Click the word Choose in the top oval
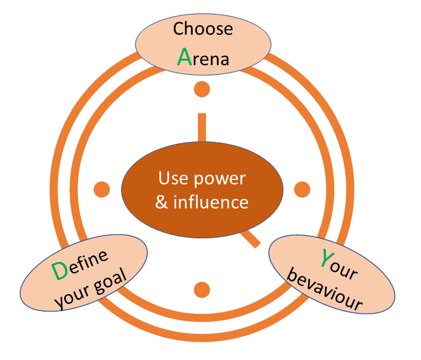click(x=203, y=29)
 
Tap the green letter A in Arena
click(x=184, y=57)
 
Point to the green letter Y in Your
click(x=327, y=258)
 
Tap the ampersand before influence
click(x=162, y=203)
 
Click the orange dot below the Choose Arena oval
click(x=202, y=89)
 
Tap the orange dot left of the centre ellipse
click(x=101, y=189)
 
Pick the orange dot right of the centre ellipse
click(x=302, y=189)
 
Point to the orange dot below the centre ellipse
click(x=202, y=289)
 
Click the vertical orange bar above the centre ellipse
click(x=202, y=127)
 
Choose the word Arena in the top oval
click(x=202, y=58)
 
